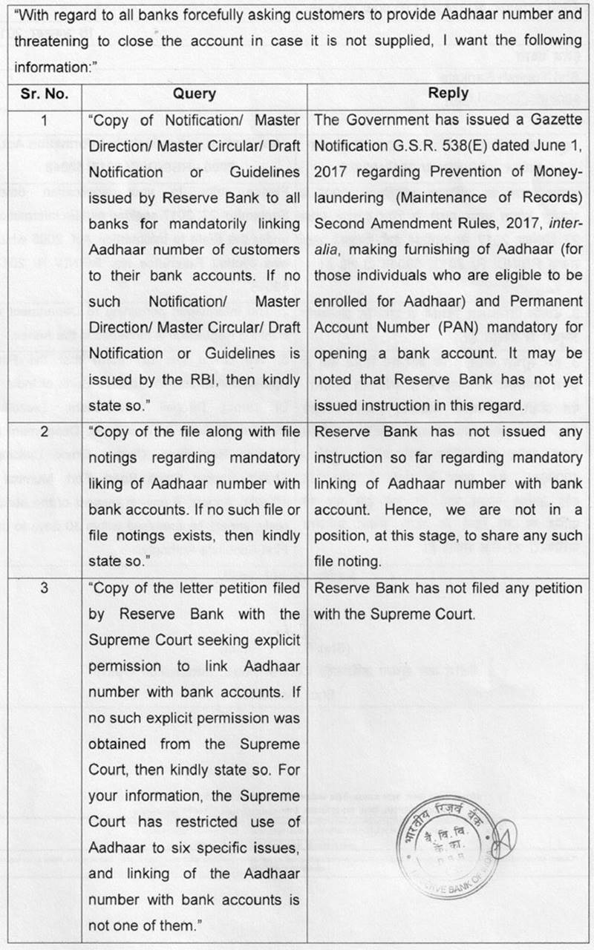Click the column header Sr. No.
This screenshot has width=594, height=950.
point(45,94)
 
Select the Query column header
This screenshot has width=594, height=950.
point(194,94)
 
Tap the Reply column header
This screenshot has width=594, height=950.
point(448,94)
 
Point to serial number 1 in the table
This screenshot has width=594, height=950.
point(45,120)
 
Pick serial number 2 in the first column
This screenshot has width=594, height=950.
point(45,432)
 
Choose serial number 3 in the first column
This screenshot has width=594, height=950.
point(45,589)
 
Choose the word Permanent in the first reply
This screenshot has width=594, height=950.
point(546,302)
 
